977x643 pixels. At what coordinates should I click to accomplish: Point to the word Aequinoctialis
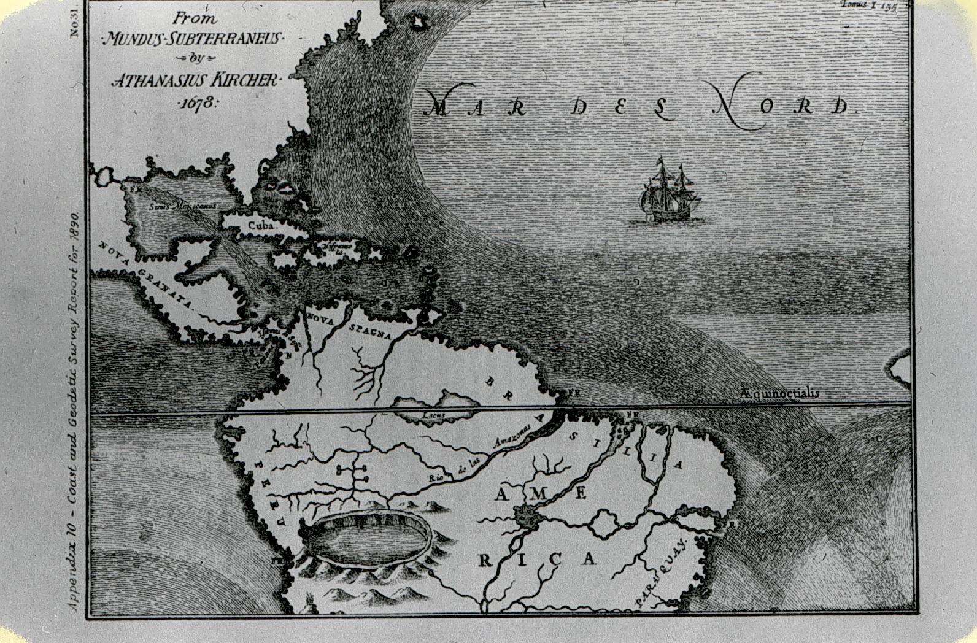pos(779,393)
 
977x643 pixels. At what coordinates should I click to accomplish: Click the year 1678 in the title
pos(196,103)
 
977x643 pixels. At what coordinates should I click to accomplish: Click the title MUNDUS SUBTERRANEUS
pos(191,40)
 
